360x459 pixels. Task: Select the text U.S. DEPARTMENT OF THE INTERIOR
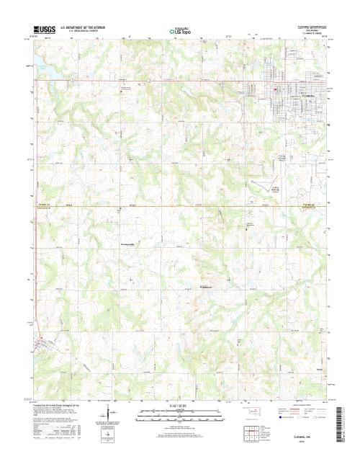pyautogui.click(x=84, y=27)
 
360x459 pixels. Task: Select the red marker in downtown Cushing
pyautogui.click(x=276, y=87)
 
